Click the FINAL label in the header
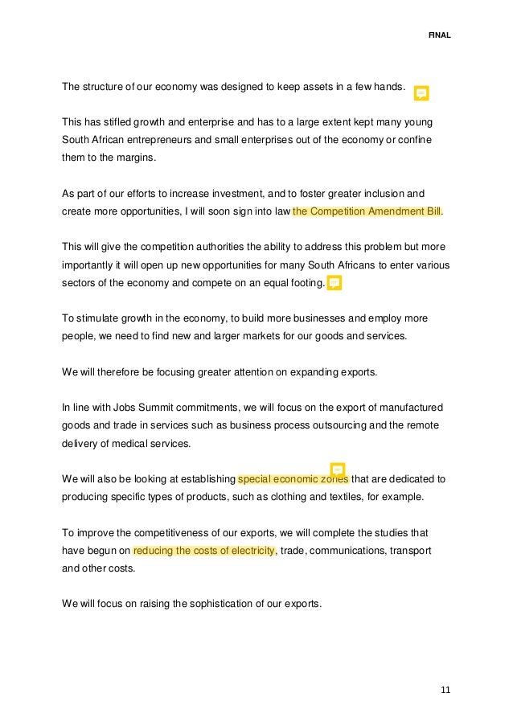[x=439, y=35]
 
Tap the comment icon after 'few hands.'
[x=421, y=93]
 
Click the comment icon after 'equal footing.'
[x=334, y=283]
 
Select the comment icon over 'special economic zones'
[x=338, y=470]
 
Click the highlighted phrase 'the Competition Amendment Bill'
[x=367, y=212]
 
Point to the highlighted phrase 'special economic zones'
[x=293, y=479]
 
